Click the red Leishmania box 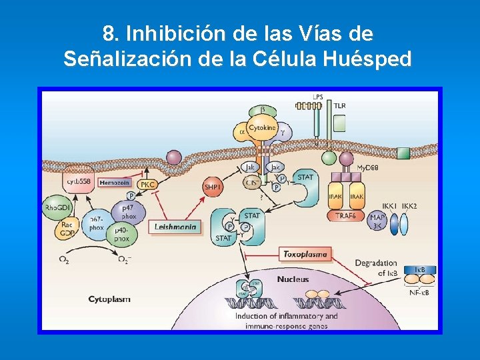[x=175, y=227]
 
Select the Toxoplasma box [x=305, y=254]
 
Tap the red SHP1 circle [x=213, y=187]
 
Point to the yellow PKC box [x=147, y=184]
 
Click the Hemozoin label [x=115, y=181]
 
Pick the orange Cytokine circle [x=262, y=127]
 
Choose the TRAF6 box [x=347, y=215]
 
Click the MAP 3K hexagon [x=377, y=221]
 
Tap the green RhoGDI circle [x=59, y=208]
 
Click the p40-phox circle [x=121, y=234]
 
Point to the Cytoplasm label [x=109, y=299]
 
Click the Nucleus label [x=293, y=279]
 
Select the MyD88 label [x=367, y=168]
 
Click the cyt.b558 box [x=79, y=181]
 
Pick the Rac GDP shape [x=67, y=230]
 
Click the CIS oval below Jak [x=251, y=183]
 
